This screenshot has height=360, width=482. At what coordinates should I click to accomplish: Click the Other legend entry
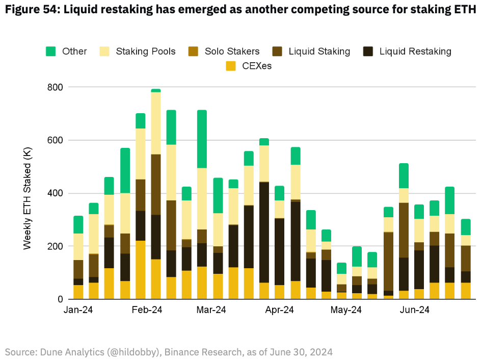(x=67, y=51)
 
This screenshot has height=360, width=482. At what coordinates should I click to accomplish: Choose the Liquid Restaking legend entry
(x=408, y=51)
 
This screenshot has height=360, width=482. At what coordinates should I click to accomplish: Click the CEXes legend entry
(x=249, y=66)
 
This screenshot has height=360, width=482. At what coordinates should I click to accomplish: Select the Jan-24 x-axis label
(x=78, y=310)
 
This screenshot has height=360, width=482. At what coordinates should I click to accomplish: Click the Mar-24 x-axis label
(x=211, y=310)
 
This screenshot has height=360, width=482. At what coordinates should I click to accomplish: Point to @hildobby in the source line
(x=119, y=351)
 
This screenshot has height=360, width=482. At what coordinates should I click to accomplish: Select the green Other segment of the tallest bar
(x=156, y=90)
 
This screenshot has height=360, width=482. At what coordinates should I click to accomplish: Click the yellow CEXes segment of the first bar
(x=78, y=292)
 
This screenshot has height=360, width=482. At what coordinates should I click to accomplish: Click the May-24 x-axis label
(x=346, y=310)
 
